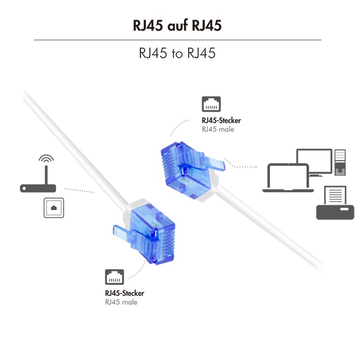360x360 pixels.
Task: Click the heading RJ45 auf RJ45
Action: [177, 26]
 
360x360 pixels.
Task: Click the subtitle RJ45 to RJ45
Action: [177, 53]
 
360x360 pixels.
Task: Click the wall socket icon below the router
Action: [54, 207]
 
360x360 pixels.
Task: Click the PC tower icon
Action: [339, 163]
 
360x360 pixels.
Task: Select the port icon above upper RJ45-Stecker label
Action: [211, 104]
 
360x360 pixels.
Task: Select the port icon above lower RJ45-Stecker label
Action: [114, 277]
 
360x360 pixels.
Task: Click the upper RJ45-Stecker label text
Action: [221, 121]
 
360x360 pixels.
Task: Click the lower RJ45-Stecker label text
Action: [125, 293]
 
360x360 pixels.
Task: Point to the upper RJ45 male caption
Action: [218, 129]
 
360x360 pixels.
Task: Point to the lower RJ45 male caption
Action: [121, 302]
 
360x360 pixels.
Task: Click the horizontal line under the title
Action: [177, 40]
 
